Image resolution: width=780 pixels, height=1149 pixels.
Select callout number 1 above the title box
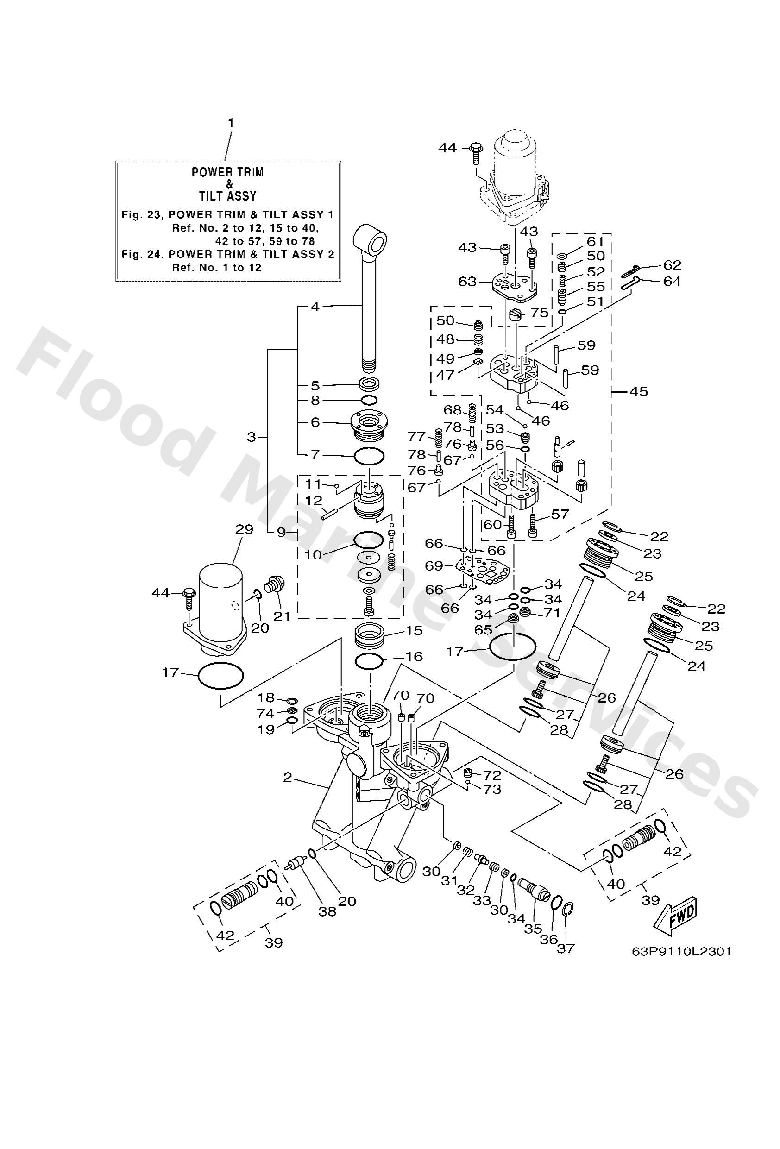tap(230, 123)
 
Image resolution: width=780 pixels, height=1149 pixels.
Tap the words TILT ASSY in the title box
tap(227, 196)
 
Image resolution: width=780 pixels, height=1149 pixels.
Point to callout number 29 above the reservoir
tap(244, 529)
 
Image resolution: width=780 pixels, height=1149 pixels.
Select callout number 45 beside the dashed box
tap(639, 392)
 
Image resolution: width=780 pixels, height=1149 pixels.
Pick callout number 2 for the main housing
tap(288, 778)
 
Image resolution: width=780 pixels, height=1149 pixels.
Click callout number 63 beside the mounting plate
tap(467, 282)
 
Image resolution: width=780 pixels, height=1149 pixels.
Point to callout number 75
tap(539, 313)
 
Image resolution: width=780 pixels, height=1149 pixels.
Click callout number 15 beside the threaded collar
tap(415, 630)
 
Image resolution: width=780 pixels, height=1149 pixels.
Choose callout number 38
tap(327, 911)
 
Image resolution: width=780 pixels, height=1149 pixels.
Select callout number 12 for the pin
tap(314, 501)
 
